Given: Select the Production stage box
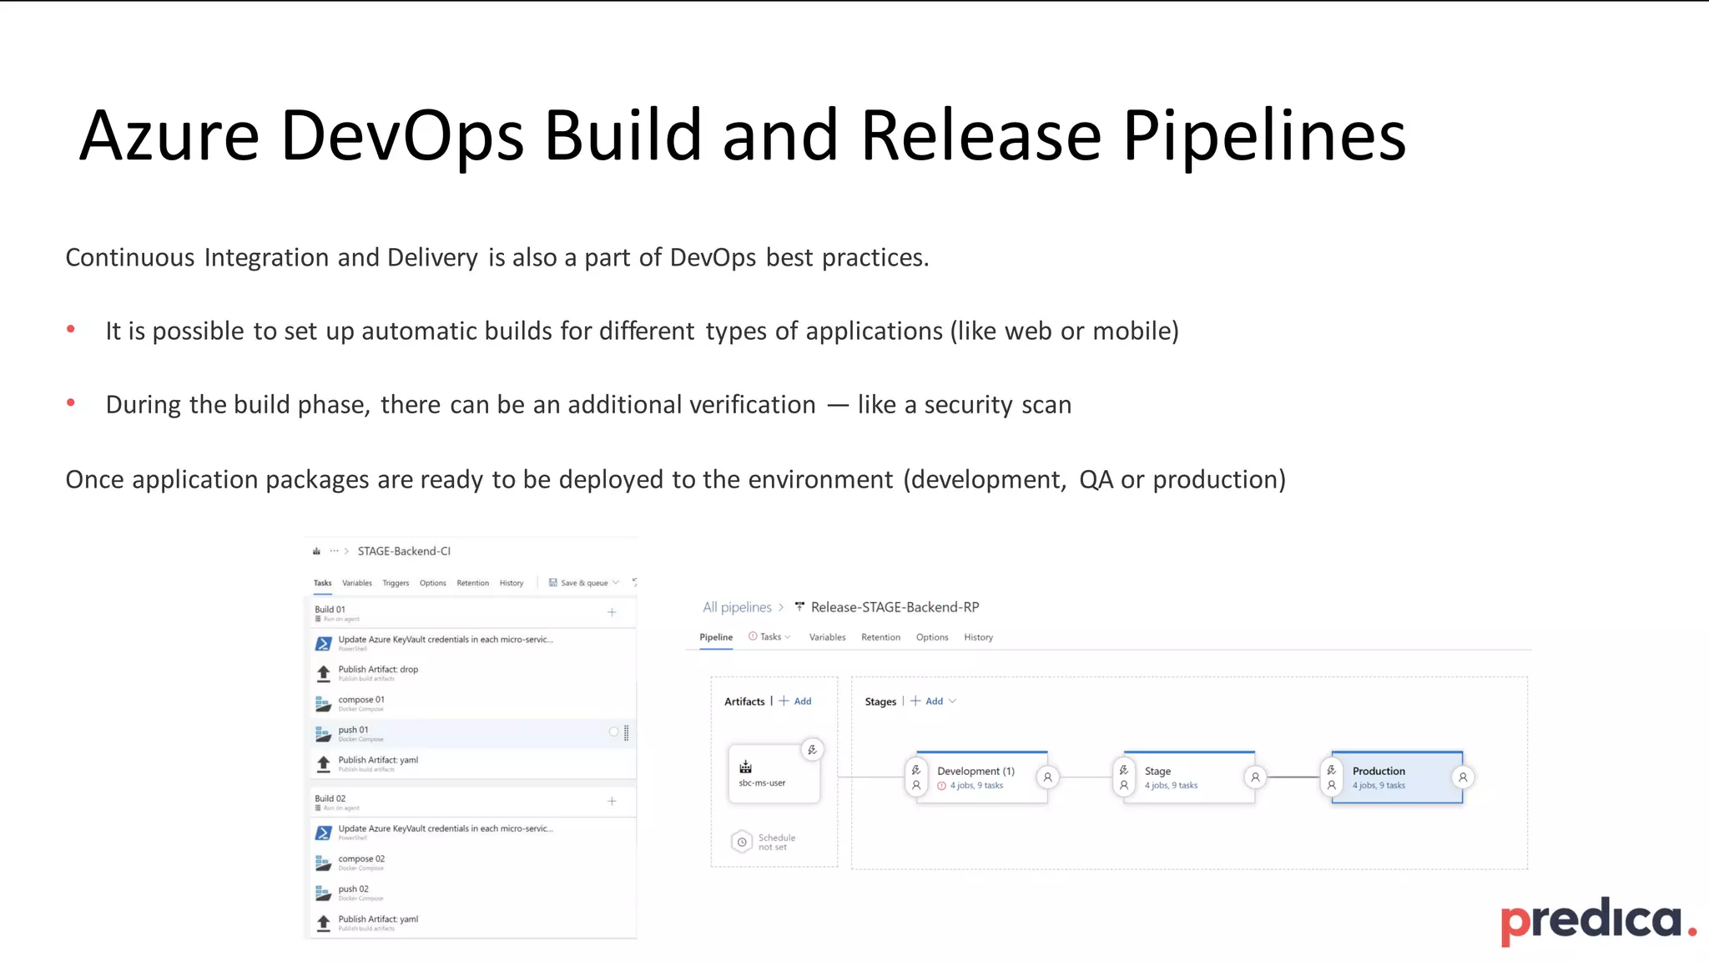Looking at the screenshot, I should tap(1396, 777).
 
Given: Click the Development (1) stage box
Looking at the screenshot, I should tap(981, 777).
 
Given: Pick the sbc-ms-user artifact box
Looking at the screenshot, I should tap(773, 774).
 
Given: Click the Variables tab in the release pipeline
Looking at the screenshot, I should tap(827, 637).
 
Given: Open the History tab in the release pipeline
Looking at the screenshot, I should tap(978, 637).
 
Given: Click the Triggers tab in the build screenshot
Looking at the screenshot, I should tap(396, 583).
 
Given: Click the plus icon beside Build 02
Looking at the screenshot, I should tap(612, 802).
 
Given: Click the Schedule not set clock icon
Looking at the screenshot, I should tap(741, 842).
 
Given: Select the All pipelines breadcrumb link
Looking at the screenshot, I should tap(737, 607).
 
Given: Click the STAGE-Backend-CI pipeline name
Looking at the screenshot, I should tap(404, 551).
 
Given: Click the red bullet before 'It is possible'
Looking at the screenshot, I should tap(71, 330).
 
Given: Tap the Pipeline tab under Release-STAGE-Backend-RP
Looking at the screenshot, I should tap(716, 637).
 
